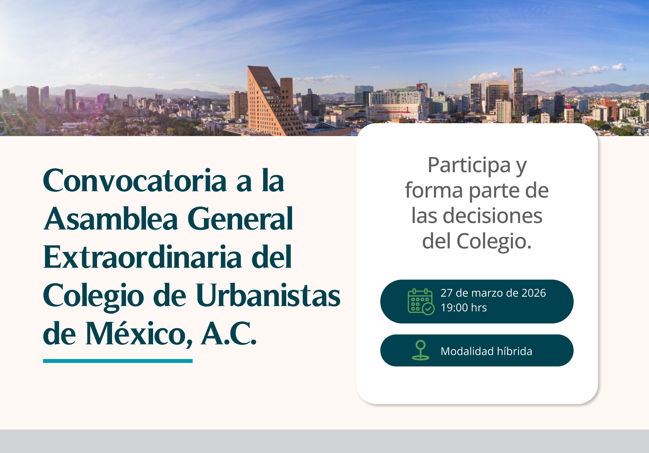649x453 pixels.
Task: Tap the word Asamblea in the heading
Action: [111, 219]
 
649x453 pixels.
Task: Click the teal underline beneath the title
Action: [118, 361]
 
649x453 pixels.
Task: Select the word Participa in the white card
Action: [469, 166]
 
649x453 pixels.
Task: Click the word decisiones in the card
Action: [492, 216]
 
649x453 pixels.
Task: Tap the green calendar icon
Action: [421, 301]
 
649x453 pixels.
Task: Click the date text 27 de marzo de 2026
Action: [493, 293]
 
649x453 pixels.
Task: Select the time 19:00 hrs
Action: [464, 307]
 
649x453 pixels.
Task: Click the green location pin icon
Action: [421, 350]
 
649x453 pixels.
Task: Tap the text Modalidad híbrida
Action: [486, 351]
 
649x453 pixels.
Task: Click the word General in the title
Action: [240, 219]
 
